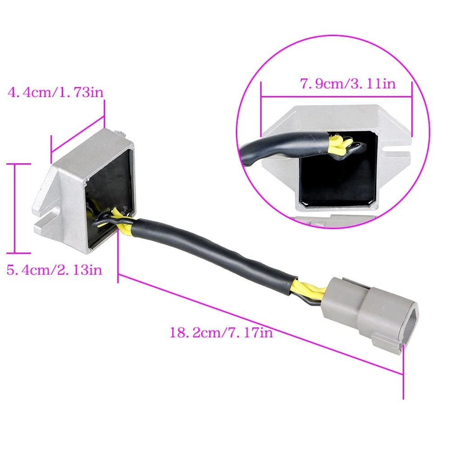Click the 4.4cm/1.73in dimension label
[x=55, y=93]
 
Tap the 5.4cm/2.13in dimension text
[x=55, y=270]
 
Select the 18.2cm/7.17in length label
[x=221, y=332]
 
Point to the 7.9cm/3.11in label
[x=348, y=84]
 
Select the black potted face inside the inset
[x=338, y=175]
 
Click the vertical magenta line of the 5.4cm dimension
[x=15, y=208]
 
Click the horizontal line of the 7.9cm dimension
[x=336, y=97]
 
